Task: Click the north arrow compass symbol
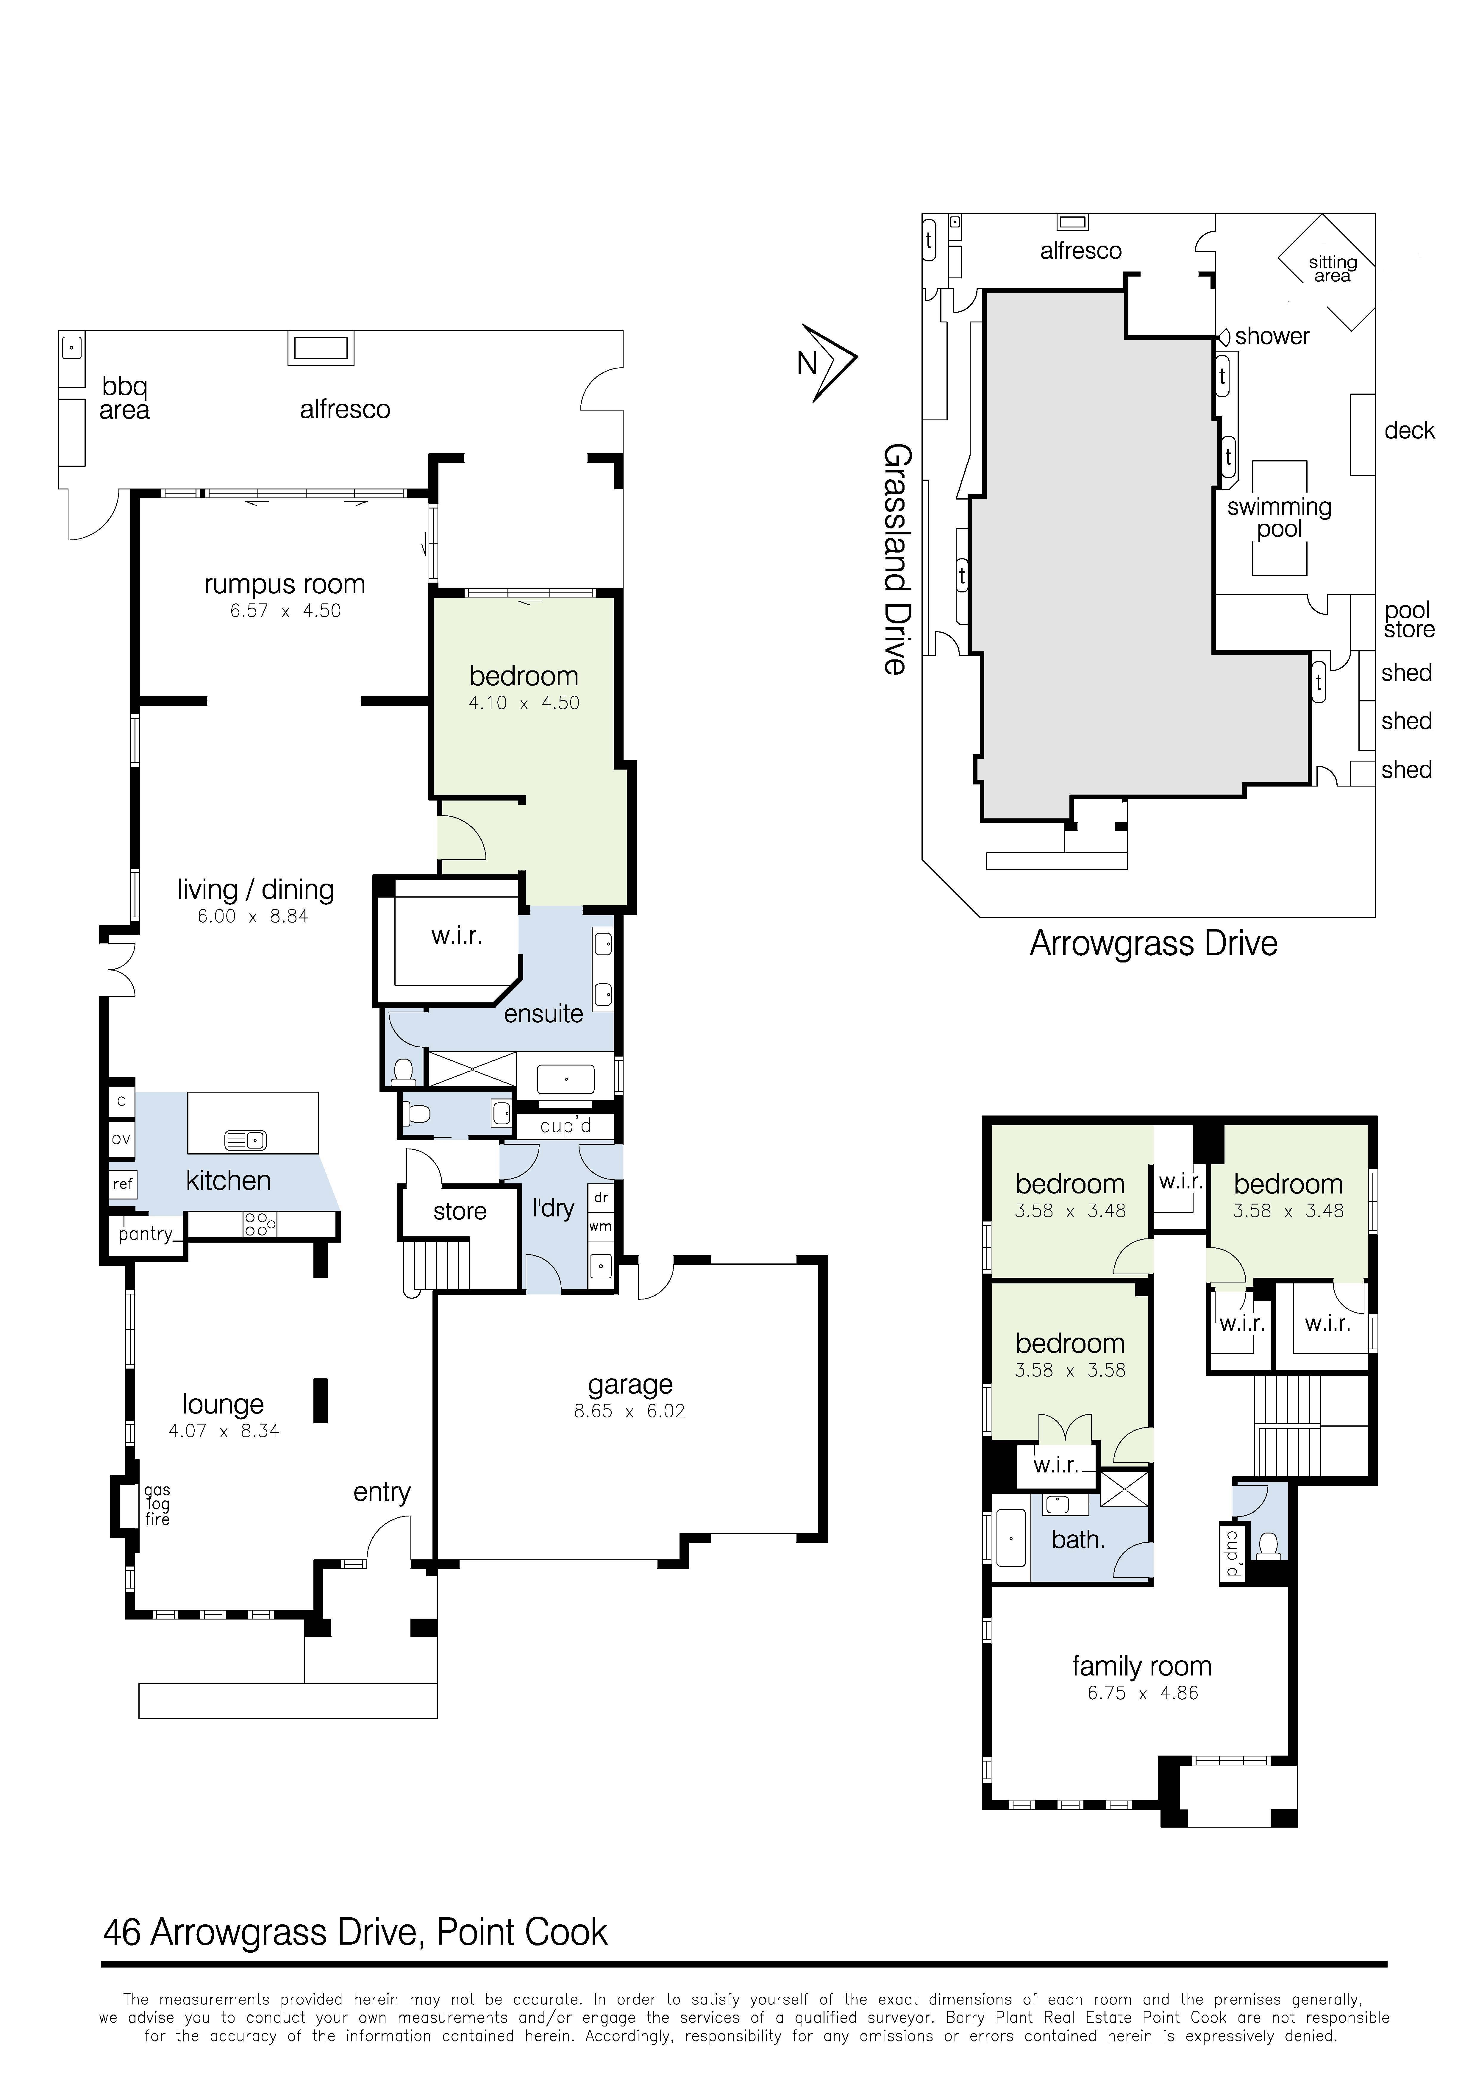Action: (x=830, y=362)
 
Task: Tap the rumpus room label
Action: (x=285, y=584)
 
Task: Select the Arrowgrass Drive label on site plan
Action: (x=1153, y=943)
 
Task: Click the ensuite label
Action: (x=543, y=1014)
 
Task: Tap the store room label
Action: (x=459, y=1211)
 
